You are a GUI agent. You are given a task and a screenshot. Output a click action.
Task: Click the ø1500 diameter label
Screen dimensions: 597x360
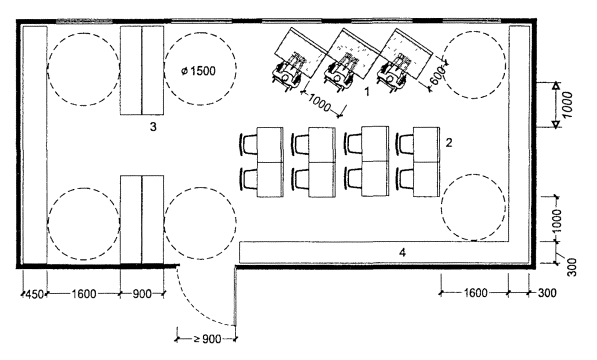[x=198, y=71]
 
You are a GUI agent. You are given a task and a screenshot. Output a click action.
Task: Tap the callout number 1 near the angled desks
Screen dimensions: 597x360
[x=367, y=92]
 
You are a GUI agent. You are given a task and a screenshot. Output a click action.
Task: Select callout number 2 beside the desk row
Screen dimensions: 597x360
[x=449, y=143]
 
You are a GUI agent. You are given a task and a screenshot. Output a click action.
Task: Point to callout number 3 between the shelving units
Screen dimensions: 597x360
[x=153, y=127]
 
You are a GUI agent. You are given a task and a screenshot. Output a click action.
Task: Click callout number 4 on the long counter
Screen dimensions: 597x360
[x=402, y=252]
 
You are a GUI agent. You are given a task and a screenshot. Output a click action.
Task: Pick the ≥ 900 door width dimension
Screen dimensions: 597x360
[x=207, y=339]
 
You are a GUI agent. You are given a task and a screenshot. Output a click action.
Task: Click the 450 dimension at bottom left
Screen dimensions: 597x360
[x=34, y=294]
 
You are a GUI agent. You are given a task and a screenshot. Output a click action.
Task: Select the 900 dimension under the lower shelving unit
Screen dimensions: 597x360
[x=142, y=294]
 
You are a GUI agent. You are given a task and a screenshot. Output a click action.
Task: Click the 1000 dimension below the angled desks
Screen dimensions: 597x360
[x=319, y=103]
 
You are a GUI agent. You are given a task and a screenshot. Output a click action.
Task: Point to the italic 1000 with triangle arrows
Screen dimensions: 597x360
[x=567, y=105]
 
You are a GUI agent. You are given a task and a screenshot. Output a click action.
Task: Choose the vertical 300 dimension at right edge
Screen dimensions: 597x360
[x=572, y=267]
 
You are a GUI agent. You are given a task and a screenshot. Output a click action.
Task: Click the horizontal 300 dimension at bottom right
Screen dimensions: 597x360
[x=547, y=293]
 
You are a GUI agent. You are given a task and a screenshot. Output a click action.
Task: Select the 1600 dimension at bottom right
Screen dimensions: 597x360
[x=475, y=293]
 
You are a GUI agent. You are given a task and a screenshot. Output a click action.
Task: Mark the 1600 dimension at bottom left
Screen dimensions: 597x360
[x=84, y=294]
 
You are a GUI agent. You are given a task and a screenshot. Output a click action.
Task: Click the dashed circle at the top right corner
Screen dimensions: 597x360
[x=474, y=65]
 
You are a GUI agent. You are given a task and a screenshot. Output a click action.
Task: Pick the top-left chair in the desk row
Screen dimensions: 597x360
[x=248, y=145]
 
